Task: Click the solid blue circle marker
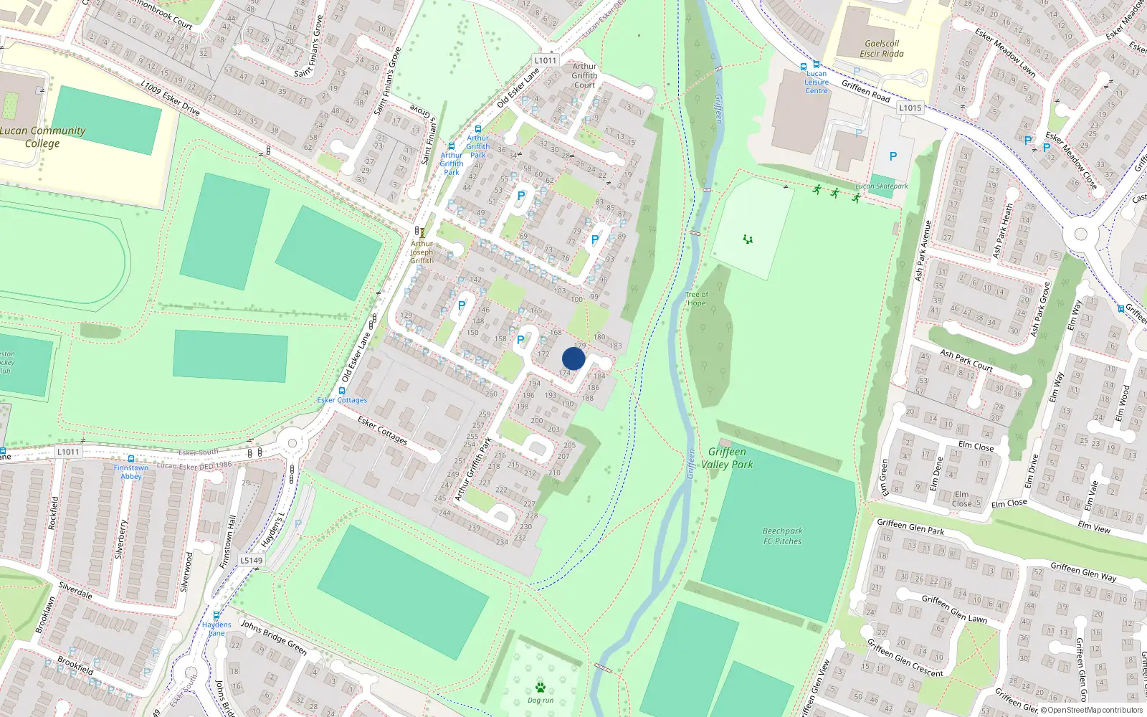click(573, 358)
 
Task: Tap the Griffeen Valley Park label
click(727, 458)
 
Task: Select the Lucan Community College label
click(42, 137)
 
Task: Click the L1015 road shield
click(910, 108)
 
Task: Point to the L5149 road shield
click(252, 561)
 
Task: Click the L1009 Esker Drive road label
click(170, 98)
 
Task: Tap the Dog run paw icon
click(541, 687)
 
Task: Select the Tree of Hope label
click(696, 299)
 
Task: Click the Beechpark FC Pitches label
click(782, 536)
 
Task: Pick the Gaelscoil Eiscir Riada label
click(881, 49)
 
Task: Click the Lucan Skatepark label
click(881, 186)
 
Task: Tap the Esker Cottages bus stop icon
click(342, 391)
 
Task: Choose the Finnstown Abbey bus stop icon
click(130, 459)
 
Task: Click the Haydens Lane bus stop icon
click(216, 615)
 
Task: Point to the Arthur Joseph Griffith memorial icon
click(422, 233)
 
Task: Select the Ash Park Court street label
click(966, 361)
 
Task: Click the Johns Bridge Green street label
click(273, 637)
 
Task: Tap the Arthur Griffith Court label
click(584, 75)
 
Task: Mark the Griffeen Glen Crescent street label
click(905, 658)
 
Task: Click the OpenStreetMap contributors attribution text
click(1095, 711)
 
